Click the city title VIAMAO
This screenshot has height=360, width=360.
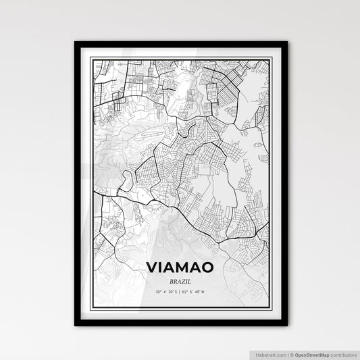click(x=180, y=268)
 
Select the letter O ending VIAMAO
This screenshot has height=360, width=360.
click(x=209, y=268)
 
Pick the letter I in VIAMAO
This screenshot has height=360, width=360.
click(x=161, y=268)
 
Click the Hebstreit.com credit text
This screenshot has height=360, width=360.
click(x=269, y=353)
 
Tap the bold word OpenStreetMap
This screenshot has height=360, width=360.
click(x=311, y=353)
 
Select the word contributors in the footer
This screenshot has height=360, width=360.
click(x=342, y=353)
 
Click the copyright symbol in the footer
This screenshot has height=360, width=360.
click(x=289, y=353)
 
